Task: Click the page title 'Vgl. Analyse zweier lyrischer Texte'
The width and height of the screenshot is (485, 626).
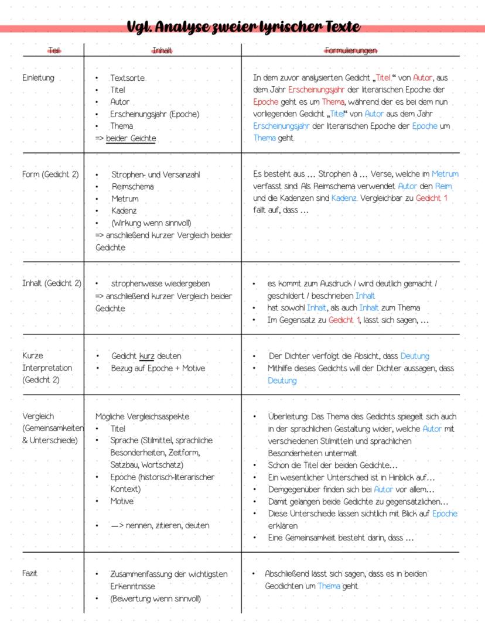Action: click(x=243, y=27)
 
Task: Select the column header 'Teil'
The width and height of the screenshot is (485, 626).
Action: click(x=53, y=52)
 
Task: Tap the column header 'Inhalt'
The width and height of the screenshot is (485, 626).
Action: click(x=162, y=52)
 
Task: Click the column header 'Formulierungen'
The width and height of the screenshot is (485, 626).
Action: click(x=351, y=52)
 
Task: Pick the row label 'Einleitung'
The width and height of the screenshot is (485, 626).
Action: click(x=38, y=78)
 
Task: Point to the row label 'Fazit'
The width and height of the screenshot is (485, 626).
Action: click(x=30, y=573)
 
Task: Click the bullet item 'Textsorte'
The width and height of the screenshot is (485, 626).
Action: click(x=127, y=78)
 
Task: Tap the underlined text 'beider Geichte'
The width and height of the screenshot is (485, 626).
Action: click(x=131, y=138)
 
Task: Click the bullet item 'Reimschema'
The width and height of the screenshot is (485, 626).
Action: click(x=132, y=187)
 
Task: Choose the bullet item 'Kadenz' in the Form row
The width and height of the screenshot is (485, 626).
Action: click(x=125, y=211)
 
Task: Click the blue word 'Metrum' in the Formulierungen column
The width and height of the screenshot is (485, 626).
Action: click(x=445, y=174)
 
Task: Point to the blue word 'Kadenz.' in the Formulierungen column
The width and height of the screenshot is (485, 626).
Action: click(x=344, y=199)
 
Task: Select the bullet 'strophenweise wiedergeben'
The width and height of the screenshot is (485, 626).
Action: click(x=160, y=283)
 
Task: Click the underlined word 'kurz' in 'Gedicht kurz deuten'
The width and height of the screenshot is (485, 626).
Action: click(x=146, y=356)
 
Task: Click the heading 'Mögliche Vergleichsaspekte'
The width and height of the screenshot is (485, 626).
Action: click(x=142, y=416)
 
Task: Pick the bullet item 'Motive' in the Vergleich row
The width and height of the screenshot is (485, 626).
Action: click(x=122, y=501)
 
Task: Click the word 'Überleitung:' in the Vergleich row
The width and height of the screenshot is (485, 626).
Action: click(x=287, y=416)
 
